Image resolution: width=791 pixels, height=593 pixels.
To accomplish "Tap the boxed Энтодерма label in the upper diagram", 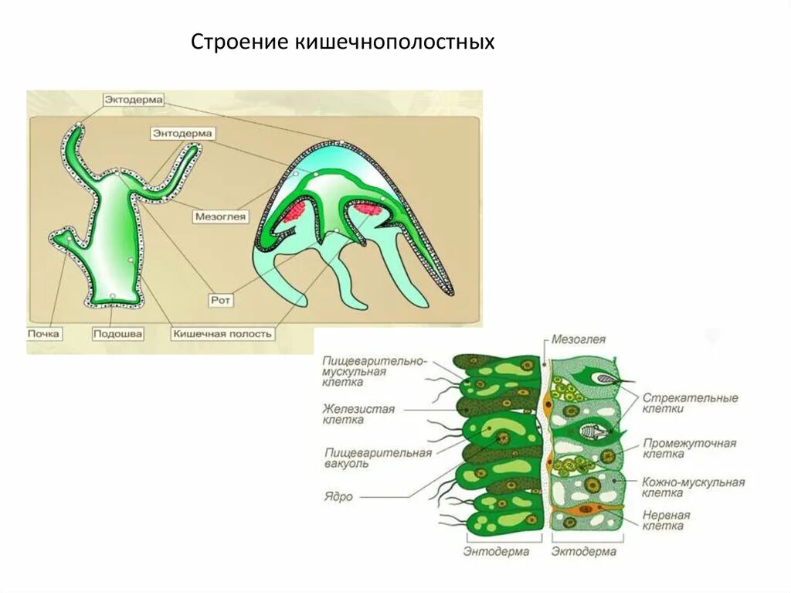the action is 182,134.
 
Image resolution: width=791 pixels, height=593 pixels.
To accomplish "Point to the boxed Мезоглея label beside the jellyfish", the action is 221,217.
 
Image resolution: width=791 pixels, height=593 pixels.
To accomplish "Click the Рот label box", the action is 222,298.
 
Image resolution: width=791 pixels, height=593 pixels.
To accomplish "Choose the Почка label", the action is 43,334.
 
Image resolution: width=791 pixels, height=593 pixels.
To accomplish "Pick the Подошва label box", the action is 117,334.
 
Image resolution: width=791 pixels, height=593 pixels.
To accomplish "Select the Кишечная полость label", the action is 222,334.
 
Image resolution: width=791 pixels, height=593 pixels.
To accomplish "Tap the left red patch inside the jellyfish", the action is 295,210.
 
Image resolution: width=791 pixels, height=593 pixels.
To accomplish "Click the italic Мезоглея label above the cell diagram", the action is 579,339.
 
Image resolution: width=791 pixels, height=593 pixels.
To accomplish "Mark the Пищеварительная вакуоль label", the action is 376,458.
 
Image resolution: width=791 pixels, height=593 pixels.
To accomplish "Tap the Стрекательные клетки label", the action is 690,403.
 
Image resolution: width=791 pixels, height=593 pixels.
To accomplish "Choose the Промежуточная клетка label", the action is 689,448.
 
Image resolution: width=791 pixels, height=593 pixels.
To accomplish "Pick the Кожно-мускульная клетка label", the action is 693,487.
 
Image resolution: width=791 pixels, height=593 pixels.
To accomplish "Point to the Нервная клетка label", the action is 666,520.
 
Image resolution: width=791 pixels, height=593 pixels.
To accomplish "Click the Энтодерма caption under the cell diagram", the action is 496,552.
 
